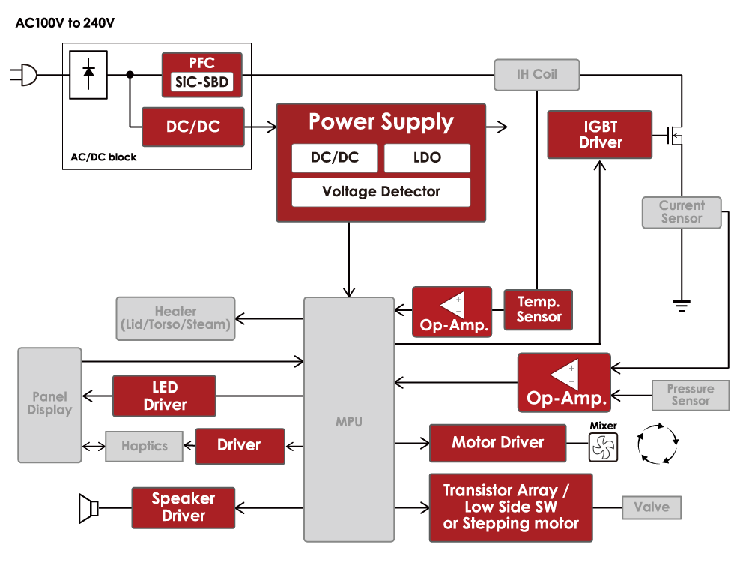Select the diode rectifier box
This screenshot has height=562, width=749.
(x=88, y=74)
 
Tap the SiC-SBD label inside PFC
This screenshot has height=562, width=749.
(x=202, y=82)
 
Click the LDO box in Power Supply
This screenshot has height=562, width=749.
(x=427, y=158)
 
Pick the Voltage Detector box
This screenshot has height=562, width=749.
(x=380, y=192)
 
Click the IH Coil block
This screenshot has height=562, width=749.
(x=536, y=75)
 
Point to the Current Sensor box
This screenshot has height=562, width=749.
(x=682, y=212)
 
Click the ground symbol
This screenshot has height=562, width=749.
(x=682, y=304)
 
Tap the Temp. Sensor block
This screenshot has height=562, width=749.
(x=538, y=309)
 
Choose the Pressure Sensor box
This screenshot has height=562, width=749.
(x=690, y=395)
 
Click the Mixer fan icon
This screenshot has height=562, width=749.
(x=603, y=447)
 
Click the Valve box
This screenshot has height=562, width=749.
(x=651, y=507)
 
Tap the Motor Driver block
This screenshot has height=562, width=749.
(x=497, y=442)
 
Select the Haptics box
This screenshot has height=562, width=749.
(x=145, y=446)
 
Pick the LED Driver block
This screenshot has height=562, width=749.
(x=164, y=396)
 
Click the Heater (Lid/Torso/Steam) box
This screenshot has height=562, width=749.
(x=175, y=318)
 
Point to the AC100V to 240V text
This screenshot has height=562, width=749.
(x=65, y=23)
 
